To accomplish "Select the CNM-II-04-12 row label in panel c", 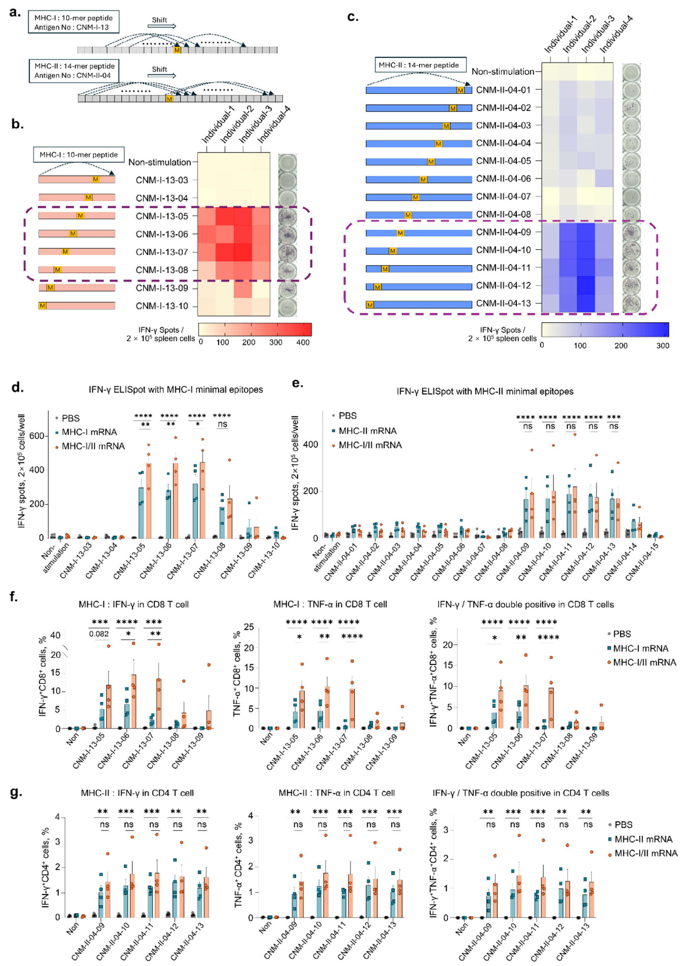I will pyautogui.click(x=503, y=286).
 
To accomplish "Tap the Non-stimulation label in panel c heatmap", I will pyautogui.click(x=502, y=72).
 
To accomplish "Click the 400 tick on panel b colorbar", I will pyautogui.click(x=302, y=342).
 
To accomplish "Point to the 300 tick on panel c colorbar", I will pyautogui.click(x=663, y=346).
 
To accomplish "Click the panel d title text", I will pyautogui.click(x=176, y=390).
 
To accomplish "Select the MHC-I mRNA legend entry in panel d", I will pyautogui.click(x=89, y=432).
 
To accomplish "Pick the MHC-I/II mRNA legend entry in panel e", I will pyautogui.click(x=370, y=445).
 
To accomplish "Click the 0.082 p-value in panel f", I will pyautogui.click(x=99, y=634).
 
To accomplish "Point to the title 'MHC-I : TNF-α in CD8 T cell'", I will pyautogui.click(x=330, y=604).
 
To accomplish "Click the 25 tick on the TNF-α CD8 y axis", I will pyautogui.click(x=249, y=627).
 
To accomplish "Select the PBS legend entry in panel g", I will pyautogui.click(x=623, y=824).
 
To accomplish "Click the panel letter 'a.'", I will pyautogui.click(x=16, y=12).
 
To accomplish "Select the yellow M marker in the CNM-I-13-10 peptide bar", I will pyautogui.click(x=42, y=306).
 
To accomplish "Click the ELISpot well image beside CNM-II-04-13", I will pyautogui.click(x=631, y=303).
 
